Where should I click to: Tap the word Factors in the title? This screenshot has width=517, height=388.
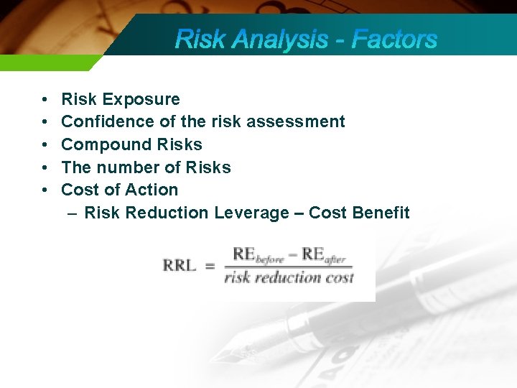(393, 39)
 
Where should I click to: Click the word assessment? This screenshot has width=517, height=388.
(296, 121)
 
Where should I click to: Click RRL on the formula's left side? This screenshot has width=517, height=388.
(179, 266)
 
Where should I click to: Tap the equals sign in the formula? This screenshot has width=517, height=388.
(210, 266)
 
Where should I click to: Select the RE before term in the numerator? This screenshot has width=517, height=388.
(257, 255)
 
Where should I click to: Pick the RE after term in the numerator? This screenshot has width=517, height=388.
(324, 255)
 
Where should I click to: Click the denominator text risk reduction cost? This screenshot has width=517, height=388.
(289, 277)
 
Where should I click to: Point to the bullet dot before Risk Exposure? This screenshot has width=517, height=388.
(45, 99)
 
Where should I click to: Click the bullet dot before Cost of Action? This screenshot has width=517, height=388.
(45, 190)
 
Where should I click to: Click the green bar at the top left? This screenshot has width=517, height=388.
(43, 63)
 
